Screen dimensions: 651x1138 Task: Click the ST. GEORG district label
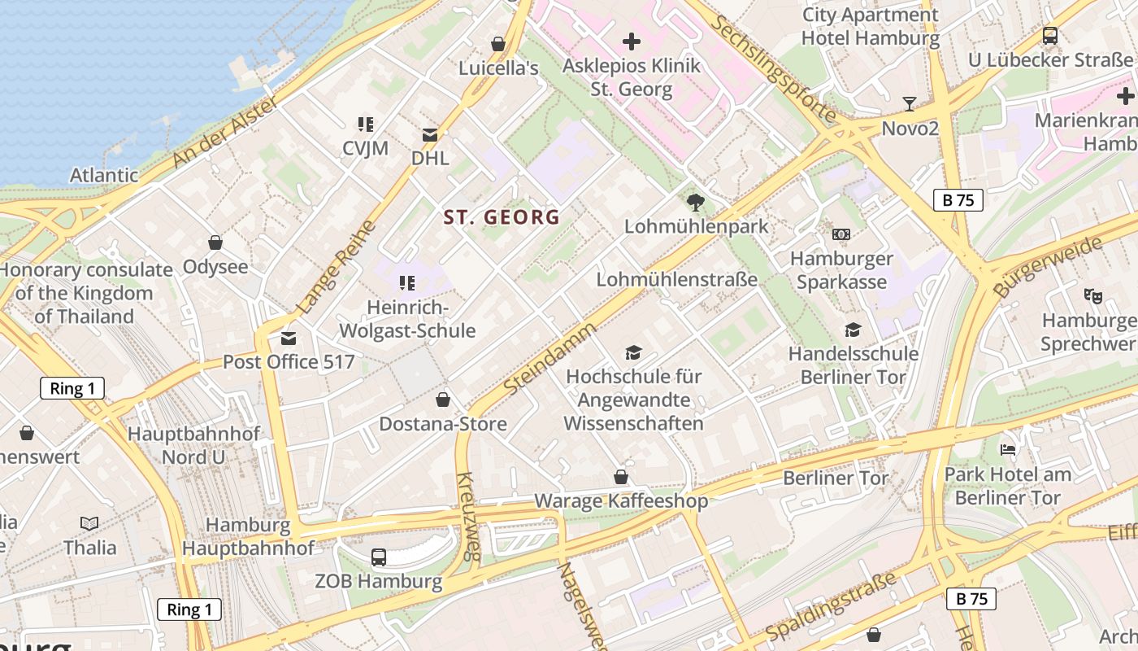tap(502, 217)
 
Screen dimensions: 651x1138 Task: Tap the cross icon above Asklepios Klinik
tap(632, 41)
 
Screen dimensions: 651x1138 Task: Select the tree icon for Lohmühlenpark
tap(695, 202)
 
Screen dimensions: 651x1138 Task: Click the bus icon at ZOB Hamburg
tap(379, 557)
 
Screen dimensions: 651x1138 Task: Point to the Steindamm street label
tap(549, 359)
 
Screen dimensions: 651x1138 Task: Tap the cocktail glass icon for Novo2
tap(910, 104)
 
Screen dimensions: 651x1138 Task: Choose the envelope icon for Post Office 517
tap(288, 339)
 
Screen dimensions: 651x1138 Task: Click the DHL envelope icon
tap(429, 135)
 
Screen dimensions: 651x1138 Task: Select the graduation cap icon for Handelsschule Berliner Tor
tap(853, 330)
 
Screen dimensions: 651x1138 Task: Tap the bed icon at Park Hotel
tap(1008, 449)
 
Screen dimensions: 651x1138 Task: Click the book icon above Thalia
tap(89, 523)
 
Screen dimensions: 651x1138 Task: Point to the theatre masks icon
tap(1092, 296)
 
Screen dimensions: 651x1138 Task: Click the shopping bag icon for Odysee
tap(215, 242)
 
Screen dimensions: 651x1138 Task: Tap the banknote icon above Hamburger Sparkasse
tap(841, 234)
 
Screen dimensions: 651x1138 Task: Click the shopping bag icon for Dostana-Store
tap(443, 400)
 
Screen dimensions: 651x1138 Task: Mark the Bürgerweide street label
tap(1049, 266)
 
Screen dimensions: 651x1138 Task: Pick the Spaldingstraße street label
tap(831, 606)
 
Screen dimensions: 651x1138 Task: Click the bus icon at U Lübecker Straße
tap(1050, 36)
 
